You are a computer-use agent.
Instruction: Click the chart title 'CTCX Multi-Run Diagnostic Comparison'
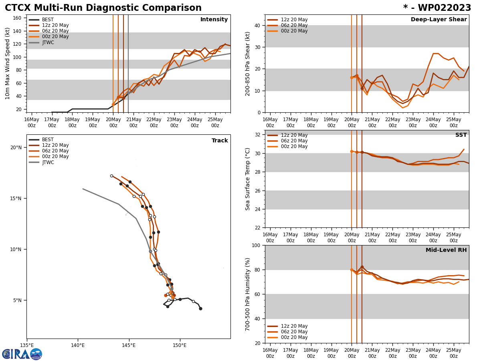point(103,8)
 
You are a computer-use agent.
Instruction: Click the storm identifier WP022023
point(437,8)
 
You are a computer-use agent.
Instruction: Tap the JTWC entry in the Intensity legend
point(48,43)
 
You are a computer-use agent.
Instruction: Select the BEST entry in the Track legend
point(47,140)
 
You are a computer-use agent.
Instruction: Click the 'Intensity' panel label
point(214,20)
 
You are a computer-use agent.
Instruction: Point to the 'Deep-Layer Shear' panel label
point(439,20)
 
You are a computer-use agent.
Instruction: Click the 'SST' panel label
point(461,135)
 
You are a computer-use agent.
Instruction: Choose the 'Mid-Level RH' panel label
point(446,250)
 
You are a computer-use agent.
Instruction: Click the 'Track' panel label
point(220,141)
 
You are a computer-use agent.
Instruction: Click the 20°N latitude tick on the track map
point(16,148)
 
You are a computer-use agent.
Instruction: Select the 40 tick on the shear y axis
point(257,25)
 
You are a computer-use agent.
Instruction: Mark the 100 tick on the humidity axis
point(255,245)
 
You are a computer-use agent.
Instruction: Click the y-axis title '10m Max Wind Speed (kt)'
point(8,63)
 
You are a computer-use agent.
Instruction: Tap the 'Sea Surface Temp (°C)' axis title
point(248,179)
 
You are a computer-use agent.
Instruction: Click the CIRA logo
point(22,354)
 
